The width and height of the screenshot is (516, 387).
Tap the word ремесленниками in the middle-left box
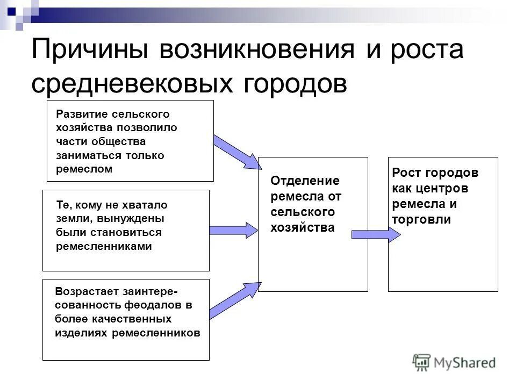tap(104, 246)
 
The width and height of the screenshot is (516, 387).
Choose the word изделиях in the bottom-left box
tap(81, 333)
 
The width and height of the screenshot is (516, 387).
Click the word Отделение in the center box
tap(305, 181)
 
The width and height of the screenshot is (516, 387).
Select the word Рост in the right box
tap(407, 173)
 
